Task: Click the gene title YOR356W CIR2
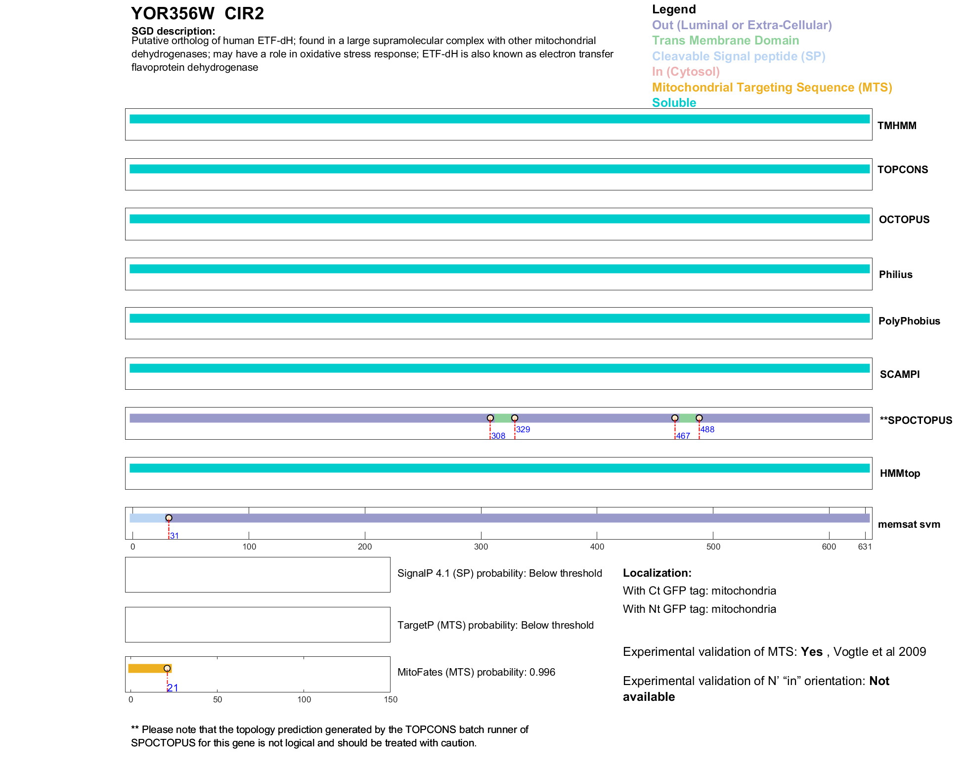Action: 197,13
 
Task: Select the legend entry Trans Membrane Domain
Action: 725,41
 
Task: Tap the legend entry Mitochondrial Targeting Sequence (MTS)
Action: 772,88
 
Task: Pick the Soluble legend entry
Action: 674,103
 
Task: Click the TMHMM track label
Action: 896,126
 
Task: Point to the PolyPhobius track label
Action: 909,321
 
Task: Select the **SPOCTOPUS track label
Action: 916,420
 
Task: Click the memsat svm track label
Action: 909,524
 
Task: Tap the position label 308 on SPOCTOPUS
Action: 498,436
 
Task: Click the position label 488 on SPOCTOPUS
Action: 707,429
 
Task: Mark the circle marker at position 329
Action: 515,418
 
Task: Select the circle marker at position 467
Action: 675,418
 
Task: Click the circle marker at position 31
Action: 169,518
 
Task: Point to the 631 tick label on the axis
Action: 865,547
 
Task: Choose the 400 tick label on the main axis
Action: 597,547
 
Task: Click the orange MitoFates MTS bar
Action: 148,668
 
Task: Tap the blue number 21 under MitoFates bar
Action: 173,687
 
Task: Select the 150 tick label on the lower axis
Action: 391,699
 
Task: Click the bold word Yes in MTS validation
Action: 811,652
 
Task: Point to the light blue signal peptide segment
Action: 147,518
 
